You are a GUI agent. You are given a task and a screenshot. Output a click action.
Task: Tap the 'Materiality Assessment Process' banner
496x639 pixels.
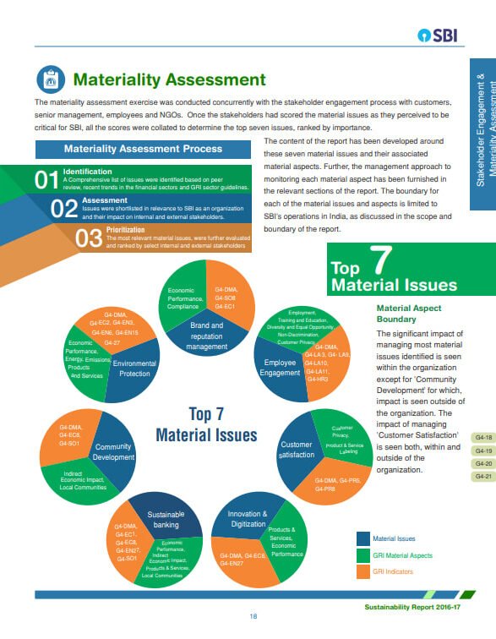coord(144,149)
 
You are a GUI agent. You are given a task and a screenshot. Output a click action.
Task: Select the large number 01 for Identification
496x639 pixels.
coord(46,180)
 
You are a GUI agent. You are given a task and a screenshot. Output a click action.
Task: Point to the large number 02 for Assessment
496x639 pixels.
coord(65,209)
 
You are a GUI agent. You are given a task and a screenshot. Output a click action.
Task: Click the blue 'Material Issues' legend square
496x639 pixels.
coord(363,538)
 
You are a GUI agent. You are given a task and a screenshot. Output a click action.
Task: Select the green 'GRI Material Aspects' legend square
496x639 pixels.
coord(363,555)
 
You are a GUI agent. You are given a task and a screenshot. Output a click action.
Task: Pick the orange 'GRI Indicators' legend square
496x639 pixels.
coord(363,572)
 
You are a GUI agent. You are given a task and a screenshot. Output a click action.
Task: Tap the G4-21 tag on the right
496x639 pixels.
coord(483,477)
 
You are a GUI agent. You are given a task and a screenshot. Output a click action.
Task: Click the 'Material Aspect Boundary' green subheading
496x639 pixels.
coord(409,314)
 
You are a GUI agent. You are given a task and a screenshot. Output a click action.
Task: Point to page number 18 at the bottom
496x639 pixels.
coord(253,616)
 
